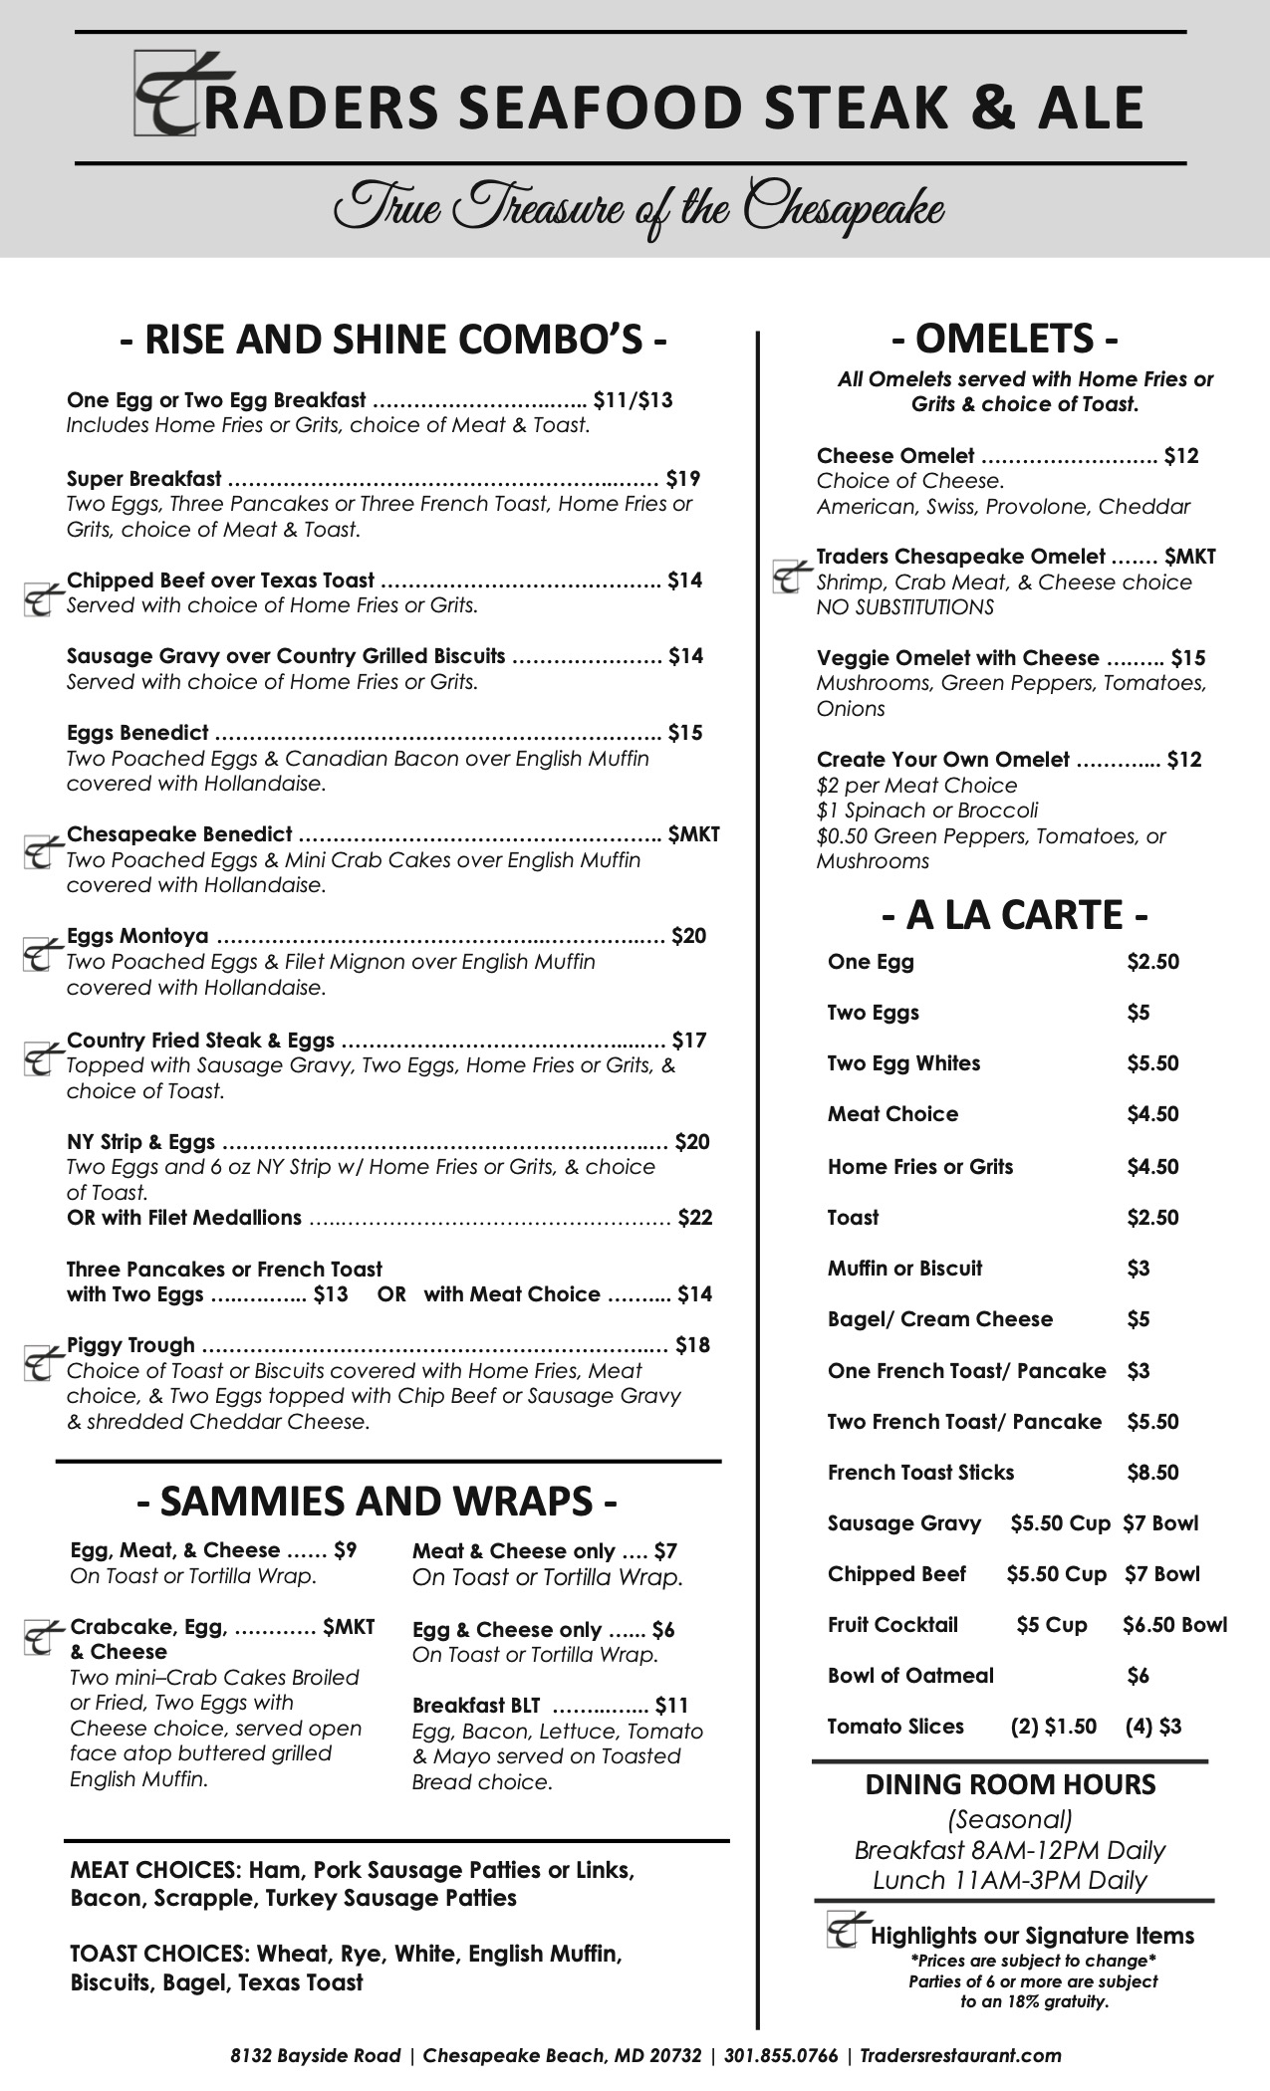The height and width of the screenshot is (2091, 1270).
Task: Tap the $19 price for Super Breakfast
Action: (x=683, y=479)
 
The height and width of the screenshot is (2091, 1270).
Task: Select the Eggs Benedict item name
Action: (x=137, y=733)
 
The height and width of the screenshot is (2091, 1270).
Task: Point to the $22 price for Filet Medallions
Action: (x=695, y=1217)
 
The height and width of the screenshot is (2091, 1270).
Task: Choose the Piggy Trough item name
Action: (x=130, y=1345)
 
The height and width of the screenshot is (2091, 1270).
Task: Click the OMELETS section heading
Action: (x=1005, y=340)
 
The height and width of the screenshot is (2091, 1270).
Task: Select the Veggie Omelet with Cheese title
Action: (x=957, y=658)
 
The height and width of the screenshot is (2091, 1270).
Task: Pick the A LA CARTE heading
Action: (x=1014, y=914)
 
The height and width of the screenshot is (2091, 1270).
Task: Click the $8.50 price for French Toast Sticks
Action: (x=1152, y=1472)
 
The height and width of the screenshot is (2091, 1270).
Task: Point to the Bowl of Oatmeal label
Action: (x=910, y=1675)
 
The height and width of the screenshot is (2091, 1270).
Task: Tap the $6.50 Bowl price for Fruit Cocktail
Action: (x=1174, y=1624)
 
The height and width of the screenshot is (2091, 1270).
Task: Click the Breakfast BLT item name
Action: (x=476, y=1706)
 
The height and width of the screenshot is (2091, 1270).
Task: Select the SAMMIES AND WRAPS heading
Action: (x=377, y=1501)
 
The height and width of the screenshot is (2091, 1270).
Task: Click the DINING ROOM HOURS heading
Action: (x=1010, y=1784)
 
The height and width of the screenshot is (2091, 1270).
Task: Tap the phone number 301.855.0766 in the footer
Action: (x=781, y=2055)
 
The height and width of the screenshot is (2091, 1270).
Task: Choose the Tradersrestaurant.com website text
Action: (x=960, y=2055)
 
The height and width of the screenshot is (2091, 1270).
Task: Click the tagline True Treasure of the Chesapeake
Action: (x=637, y=208)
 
